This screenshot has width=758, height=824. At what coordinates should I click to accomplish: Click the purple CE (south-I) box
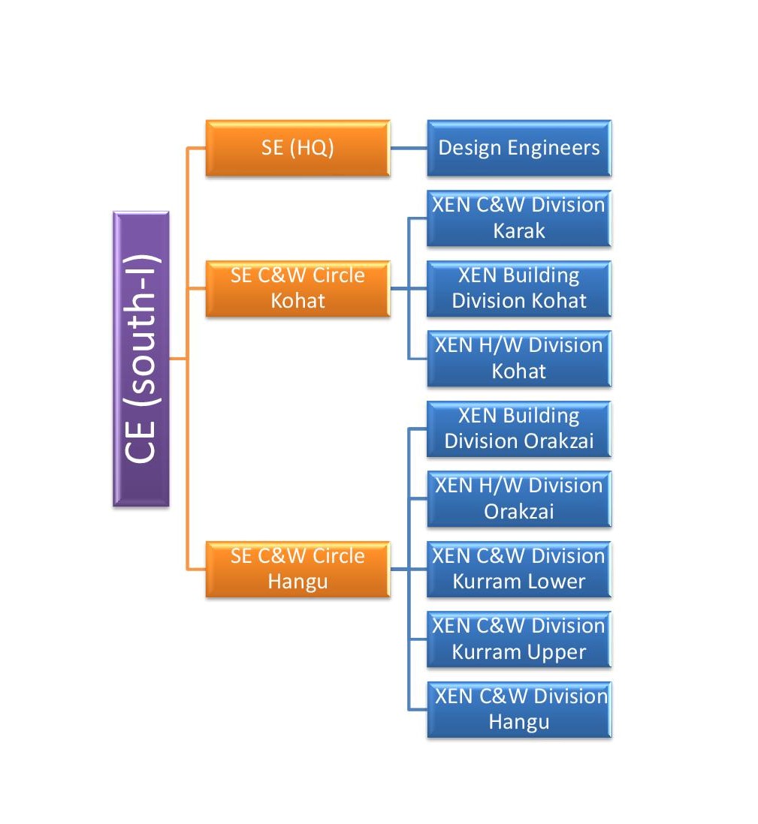(x=140, y=359)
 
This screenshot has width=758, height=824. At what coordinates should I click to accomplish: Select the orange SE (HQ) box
(x=297, y=148)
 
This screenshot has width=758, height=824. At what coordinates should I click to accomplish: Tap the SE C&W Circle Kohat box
(x=297, y=288)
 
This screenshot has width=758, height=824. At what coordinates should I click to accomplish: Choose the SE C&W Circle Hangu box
(x=297, y=569)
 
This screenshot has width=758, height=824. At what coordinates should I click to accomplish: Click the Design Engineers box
(x=519, y=148)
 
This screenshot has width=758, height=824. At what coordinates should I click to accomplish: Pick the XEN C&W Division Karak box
(x=519, y=218)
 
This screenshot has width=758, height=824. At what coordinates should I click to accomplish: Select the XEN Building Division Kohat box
(x=519, y=288)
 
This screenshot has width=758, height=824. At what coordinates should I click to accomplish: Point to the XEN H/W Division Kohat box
(x=519, y=359)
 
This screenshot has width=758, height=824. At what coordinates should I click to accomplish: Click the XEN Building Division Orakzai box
(x=519, y=429)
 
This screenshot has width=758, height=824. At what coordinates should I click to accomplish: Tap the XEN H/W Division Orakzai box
(x=519, y=499)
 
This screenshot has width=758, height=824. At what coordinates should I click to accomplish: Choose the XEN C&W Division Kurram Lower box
(x=519, y=569)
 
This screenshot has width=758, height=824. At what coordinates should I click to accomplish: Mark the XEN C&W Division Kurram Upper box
(x=519, y=639)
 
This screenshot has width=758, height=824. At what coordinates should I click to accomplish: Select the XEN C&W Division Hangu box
(x=519, y=709)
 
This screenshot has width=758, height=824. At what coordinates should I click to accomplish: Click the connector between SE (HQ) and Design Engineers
(x=409, y=148)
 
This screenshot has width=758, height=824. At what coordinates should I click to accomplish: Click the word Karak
(x=519, y=231)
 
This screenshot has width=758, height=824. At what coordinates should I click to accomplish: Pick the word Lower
(x=554, y=582)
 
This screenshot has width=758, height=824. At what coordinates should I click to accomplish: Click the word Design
(x=470, y=148)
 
